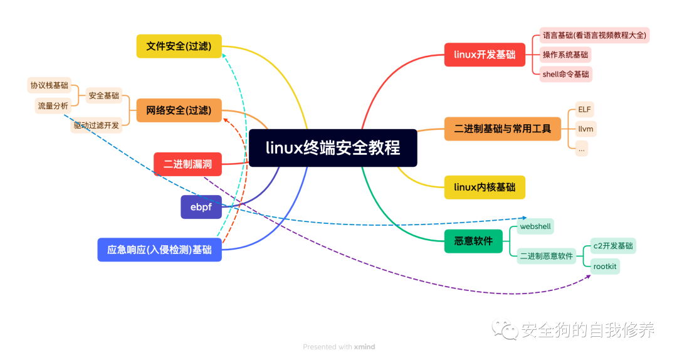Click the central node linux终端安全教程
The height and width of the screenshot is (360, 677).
(333, 148)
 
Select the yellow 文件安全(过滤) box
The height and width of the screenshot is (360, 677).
(179, 46)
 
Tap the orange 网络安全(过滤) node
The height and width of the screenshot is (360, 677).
(179, 110)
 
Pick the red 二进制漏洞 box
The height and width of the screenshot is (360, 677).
(187, 164)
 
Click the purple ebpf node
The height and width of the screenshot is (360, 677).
(201, 207)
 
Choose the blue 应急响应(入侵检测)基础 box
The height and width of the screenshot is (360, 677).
(159, 249)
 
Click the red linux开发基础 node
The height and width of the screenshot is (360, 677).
(485, 55)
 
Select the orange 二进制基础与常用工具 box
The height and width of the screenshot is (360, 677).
(502, 129)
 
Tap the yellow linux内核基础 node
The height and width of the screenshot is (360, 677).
(485, 187)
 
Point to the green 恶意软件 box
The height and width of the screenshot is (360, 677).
(473, 241)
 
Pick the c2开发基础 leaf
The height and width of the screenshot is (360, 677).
(613, 245)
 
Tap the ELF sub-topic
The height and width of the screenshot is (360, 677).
(584, 109)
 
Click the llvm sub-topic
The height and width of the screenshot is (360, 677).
(586, 129)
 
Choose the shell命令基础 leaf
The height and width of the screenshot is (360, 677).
(565, 74)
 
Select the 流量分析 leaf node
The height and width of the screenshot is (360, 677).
(53, 106)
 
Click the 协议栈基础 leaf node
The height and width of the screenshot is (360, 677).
(49, 85)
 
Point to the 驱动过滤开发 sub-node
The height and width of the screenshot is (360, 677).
(96, 125)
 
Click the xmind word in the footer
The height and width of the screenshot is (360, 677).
(364, 347)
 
